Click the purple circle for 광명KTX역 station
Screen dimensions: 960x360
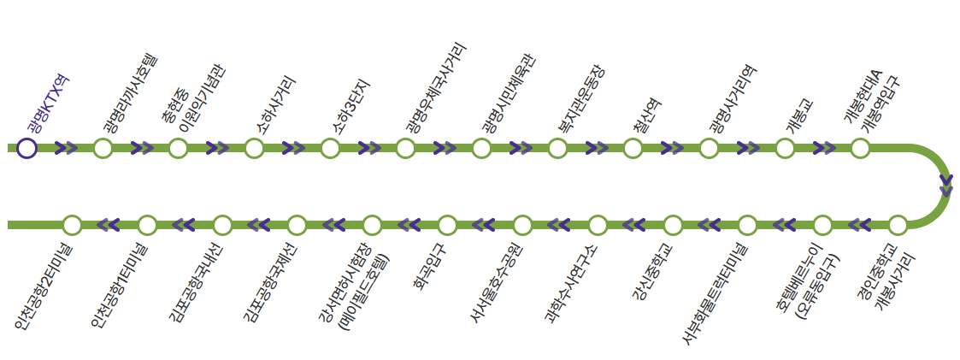[x=27, y=148]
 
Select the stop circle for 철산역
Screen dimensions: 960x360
[x=633, y=148]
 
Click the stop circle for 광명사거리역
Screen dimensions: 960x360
[x=709, y=148]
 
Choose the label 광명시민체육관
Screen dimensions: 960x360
[x=508, y=94]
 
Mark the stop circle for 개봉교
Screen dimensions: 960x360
[x=785, y=148]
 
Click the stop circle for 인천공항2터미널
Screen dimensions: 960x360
[x=72, y=225]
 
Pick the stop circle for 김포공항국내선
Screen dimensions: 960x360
[x=222, y=225]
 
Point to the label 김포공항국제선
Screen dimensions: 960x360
[x=269, y=284]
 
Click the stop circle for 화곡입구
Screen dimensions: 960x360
[x=447, y=225]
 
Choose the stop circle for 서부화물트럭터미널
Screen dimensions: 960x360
[x=747, y=225]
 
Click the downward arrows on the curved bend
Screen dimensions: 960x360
[x=945, y=186]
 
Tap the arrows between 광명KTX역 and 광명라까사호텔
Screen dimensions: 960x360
[x=66, y=148]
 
